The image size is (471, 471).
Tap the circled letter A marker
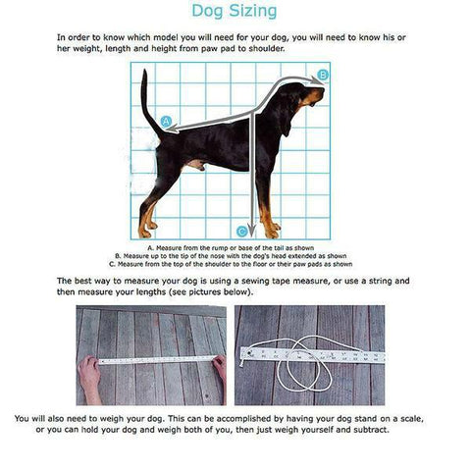(166, 123)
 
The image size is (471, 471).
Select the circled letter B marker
(323, 75)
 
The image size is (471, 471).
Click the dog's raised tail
(147, 98)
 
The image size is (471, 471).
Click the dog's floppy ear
(287, 116)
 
